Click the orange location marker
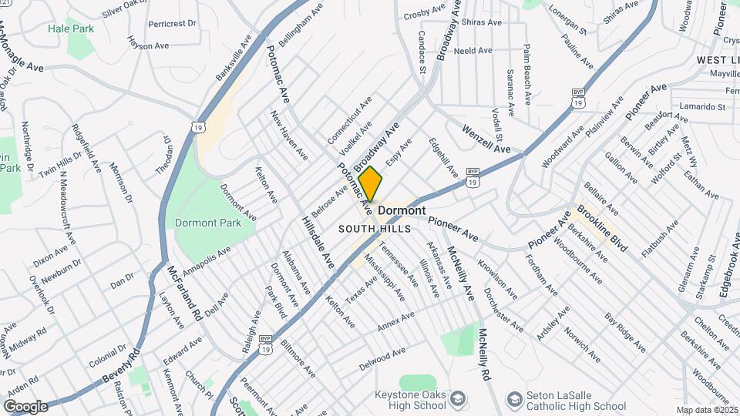371,184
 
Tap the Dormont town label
402,210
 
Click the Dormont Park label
208,223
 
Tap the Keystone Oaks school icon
459,398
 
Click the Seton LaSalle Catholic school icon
514,398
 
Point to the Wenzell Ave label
487,139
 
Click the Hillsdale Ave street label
318,243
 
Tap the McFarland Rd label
183,294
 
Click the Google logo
25,406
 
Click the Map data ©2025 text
707,410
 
